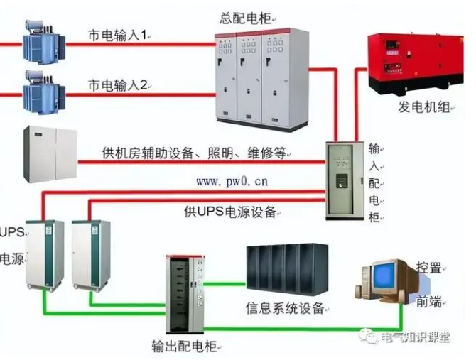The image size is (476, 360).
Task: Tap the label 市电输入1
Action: coord(119,35)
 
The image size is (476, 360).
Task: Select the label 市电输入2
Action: coord(118,85)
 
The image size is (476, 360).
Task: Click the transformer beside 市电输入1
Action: coord(41,42)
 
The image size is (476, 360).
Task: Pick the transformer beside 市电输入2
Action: coord(42,90)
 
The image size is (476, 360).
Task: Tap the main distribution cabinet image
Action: coord(251,78)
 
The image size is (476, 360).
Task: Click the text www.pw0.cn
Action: coord(232,181)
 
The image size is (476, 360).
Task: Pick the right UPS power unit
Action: coord(90,254)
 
